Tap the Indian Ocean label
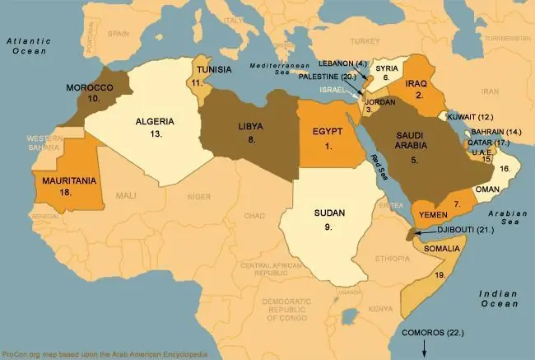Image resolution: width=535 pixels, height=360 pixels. (x=500, y=297)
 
